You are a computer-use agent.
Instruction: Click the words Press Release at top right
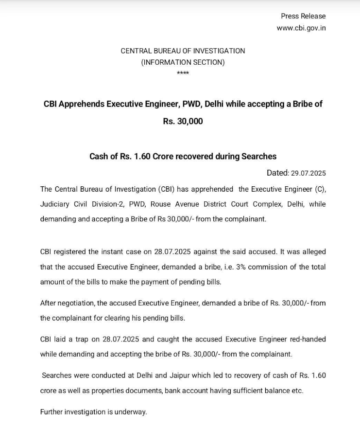click(x=303, y=16)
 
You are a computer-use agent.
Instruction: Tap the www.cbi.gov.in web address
click(x=301, y=28)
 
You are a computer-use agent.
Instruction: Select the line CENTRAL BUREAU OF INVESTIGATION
click(x=183, y=51)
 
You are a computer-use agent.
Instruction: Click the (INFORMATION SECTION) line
click(x=183, y=62)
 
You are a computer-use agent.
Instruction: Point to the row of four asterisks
click(x=183, y=73)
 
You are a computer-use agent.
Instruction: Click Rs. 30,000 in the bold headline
click(x=183, y=121)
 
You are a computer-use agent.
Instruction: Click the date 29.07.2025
click(x=309, y=173)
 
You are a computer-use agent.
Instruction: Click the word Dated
click(x=277, y=173)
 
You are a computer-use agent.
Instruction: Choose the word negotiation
click(x=74, y=303)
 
